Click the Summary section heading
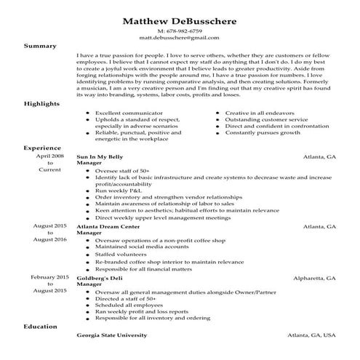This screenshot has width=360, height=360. click(40, 46)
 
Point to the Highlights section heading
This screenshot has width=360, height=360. click(44, 103)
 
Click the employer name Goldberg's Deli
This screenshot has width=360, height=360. click(103, 278)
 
